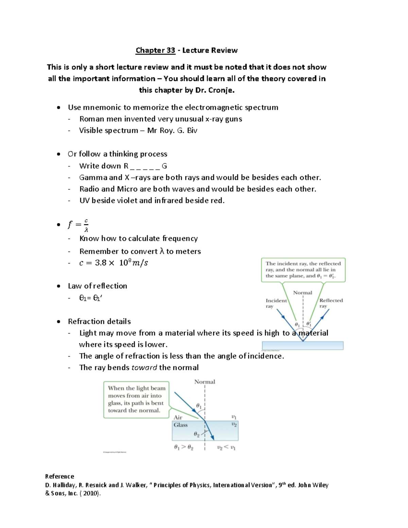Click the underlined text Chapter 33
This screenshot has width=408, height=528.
click(x=155, y=50)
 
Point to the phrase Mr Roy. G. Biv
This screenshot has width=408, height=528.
click(x=172, y=131)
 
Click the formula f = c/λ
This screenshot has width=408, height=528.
click(x=78, y=225)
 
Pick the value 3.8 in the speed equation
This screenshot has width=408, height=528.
click(x=101, y=263)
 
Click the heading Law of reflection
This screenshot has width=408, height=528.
click(x=98, y=286)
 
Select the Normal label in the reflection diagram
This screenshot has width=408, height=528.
click(x=303, y=293)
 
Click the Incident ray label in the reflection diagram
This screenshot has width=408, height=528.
click(x=276, y=303)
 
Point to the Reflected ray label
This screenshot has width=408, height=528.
click(x=331, y=303)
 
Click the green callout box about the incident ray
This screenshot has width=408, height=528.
click(x=303, y=270)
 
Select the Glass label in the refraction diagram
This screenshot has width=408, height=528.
click(x=181, y=425)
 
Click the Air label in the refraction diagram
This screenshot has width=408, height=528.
click(x=178, y=418)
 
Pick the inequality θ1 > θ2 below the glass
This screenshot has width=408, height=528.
click(x=184, y=447)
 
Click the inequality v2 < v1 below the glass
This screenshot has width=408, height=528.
click(x=226, y=447)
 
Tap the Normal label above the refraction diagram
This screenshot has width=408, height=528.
click(x=205, y=382)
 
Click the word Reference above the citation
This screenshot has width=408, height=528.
click(x=60, y=476)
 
